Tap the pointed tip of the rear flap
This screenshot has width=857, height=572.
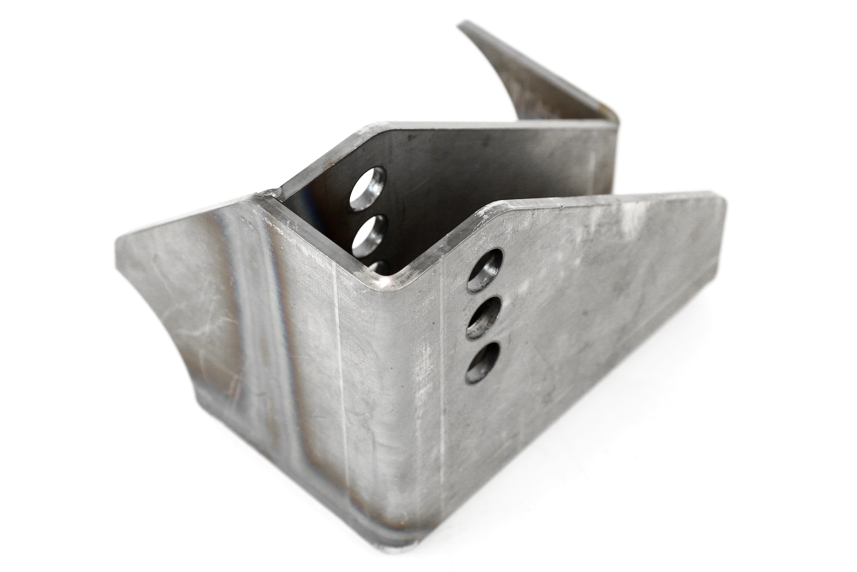(461, 26)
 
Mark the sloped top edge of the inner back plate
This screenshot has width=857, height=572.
(321, 161)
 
